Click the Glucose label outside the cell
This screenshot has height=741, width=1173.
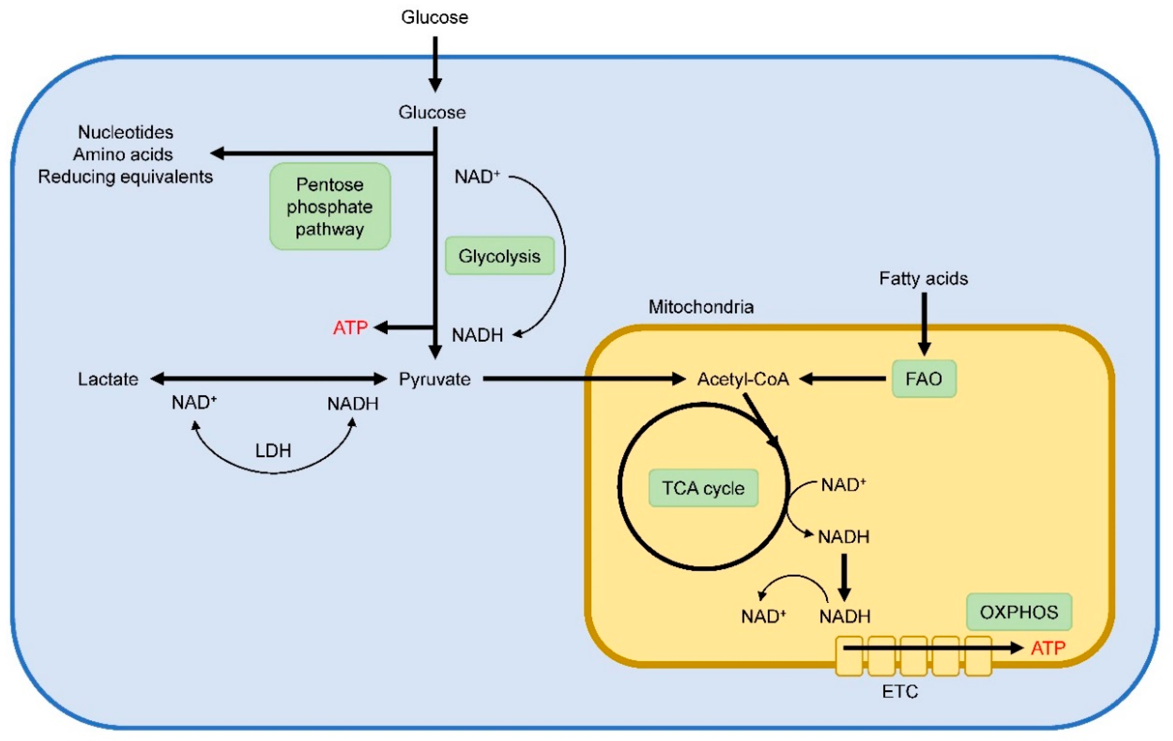(x=435, y=18)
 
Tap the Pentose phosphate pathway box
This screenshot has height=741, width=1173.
(x=330, y=207)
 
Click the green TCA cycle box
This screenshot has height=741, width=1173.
(x=703, y=488)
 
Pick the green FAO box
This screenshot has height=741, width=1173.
(x=924, y=379)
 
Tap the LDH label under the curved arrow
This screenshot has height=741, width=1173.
(x=273, y=450)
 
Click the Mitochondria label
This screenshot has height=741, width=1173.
(x=701, y=307)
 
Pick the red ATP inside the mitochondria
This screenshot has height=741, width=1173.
(x=1048, y=648)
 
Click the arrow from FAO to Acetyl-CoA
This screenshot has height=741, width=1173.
(x=843, y=379)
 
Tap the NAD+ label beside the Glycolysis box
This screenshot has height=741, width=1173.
(x=477, y=177)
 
